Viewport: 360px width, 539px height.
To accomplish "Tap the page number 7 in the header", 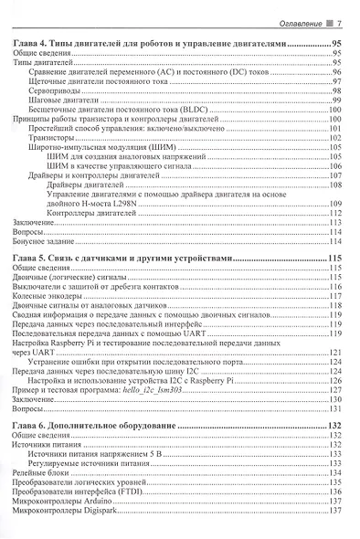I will pos(338,23).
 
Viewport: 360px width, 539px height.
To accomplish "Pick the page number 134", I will pos(334,473).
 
